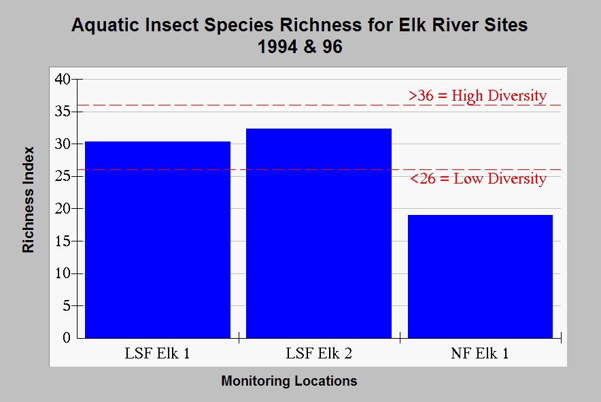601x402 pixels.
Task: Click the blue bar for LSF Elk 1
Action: tap(158, 239)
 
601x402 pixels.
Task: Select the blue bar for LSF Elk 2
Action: tap(318, 233)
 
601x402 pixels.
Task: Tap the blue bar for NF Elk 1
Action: tap(480, 277)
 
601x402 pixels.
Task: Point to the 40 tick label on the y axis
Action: tap(63, 79)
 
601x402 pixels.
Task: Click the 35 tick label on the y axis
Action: tap(63, 112)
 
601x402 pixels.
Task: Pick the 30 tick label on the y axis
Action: tap(63, 144)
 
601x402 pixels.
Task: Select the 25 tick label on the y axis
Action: tap(63, 176)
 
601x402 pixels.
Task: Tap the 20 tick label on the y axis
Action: tap(63, 209)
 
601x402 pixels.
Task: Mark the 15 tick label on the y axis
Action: tap(63, 241)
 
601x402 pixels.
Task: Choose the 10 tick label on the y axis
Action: tap(63, 273)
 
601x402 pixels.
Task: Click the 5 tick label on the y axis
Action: tap(67, 305)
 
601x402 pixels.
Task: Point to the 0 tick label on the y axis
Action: tap(67, 337)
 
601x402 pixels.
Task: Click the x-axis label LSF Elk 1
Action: tap(157, 353)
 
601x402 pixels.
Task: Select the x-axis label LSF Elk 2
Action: tap(319, 353)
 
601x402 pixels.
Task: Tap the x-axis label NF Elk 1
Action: tap(480, 353)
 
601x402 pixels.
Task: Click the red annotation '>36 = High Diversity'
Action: tap(477, 95)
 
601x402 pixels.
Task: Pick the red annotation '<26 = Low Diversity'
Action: tap(479, 179)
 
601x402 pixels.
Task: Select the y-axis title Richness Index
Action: tap(29, 199)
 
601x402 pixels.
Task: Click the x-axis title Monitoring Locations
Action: tap(290, 381)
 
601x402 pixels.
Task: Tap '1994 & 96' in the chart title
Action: tap(300, 47)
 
